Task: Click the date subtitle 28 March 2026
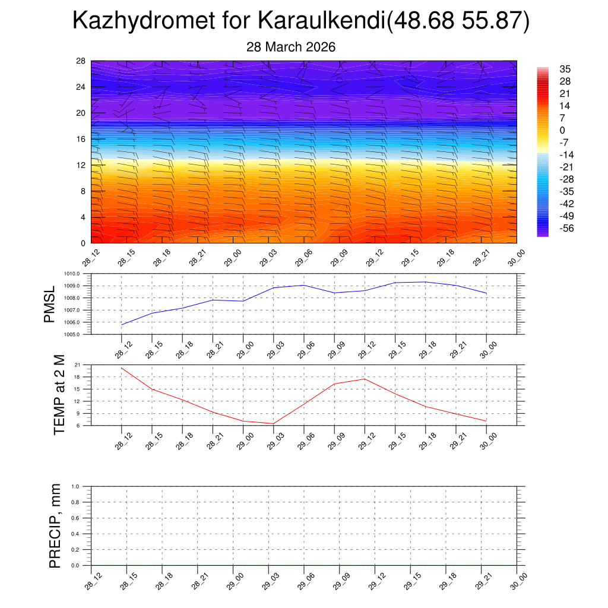point(291,47)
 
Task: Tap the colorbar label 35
point(565,69)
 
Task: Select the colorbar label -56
point(566,228)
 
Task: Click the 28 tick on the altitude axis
point(81,61)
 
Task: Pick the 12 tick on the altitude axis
point(81,165)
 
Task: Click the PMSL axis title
point(49,304)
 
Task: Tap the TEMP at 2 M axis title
point(59,395)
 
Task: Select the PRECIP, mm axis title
point(55,526)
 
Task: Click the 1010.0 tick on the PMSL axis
point(80,274)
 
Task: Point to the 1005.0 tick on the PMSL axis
point(80,334)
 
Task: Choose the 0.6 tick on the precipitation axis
point(83,518)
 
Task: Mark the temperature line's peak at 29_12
point(365,379)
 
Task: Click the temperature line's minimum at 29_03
point(274,423)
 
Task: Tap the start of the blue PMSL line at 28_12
point(122,325)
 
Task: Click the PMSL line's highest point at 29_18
point(426,282)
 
